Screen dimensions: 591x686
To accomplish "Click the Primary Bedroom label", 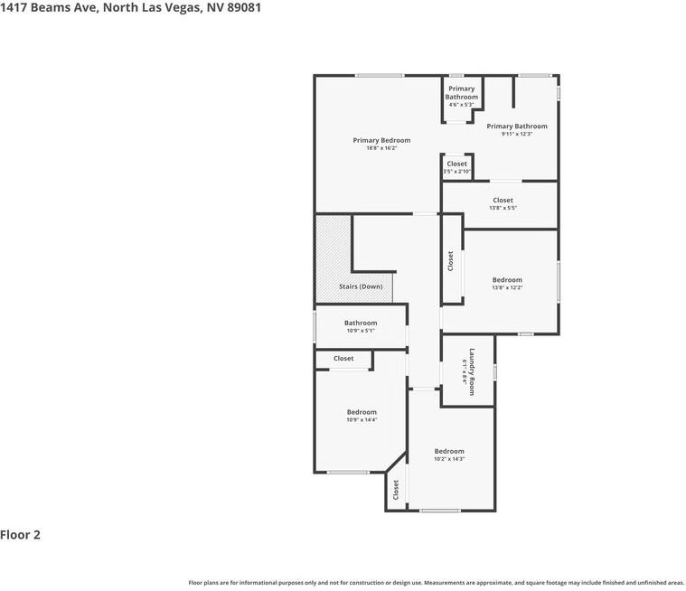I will click(x=381, y=140).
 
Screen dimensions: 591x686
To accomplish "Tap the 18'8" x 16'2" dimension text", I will click(x=381, y=148).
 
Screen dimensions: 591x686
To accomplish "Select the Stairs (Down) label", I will click(x=361, y=286).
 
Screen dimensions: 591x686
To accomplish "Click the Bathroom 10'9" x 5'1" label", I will click(x=361, y=323).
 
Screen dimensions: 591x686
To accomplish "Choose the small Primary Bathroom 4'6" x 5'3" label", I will click(x=461, y=93).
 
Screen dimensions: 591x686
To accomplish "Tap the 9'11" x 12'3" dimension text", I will click(x=517, y=134).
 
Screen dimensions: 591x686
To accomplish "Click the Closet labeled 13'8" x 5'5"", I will click(x=503, y=201).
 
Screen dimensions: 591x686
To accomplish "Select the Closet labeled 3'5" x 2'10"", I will click(x=457, y=164).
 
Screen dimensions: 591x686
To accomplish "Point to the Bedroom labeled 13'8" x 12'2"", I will click(x=507, y=280).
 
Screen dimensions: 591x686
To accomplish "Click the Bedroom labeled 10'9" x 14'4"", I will click(x=362, y=412).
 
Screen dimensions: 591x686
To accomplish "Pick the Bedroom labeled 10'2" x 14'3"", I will click(x=449, y=451).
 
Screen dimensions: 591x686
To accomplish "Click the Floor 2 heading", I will click(x=21, y=535).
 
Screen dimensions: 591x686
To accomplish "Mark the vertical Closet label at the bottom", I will click(x=396, y=490).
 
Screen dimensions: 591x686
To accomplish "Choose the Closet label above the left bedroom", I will click(x=343, y=359).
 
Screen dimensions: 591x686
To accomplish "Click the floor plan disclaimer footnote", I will click(x=437, y=583).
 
